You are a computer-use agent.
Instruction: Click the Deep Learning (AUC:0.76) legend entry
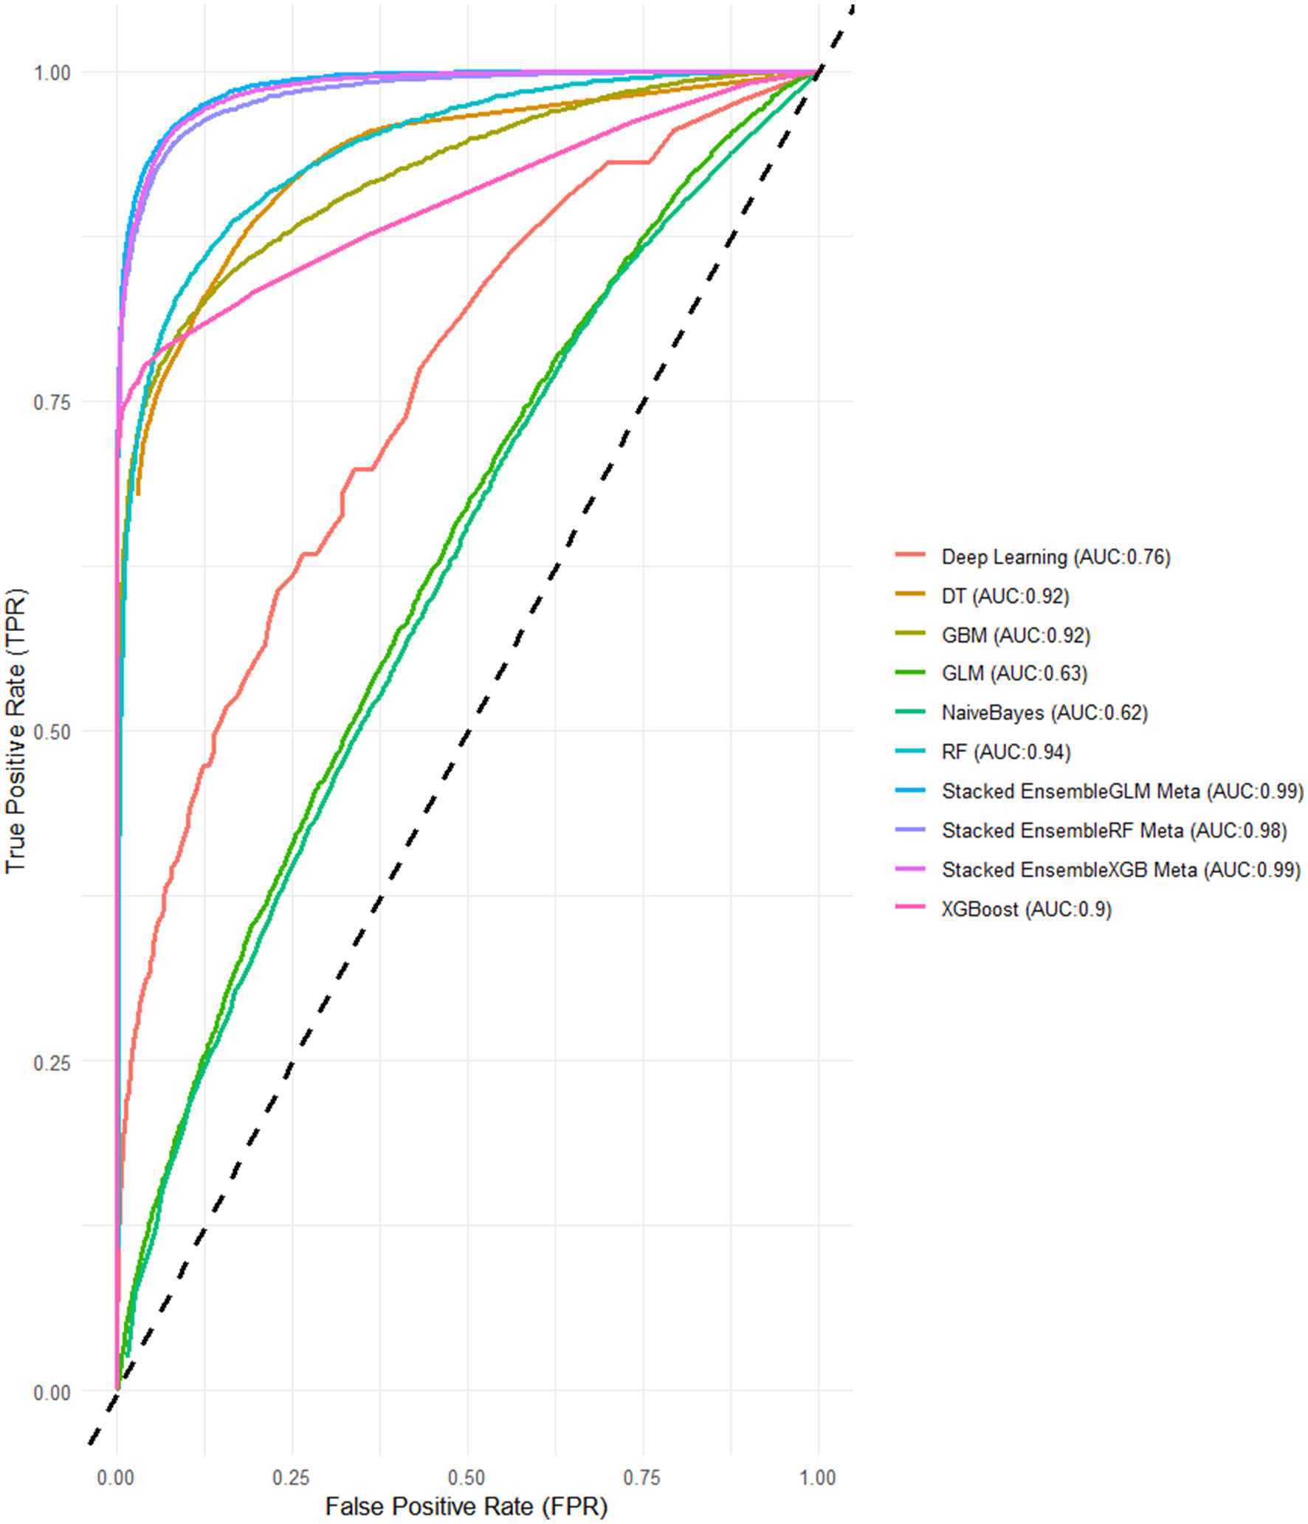click(1055, 557)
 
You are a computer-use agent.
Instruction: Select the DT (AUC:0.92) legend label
click(1005, 596)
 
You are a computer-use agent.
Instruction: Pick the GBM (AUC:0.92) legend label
click(1015, 635)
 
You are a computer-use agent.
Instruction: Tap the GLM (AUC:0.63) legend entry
click(1013, 674)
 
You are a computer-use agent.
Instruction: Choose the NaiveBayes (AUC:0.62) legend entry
click(1044, 713)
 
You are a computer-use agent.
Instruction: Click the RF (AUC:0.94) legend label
click(1005, 752)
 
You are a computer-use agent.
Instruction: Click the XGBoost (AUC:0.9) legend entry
click(1025, 909)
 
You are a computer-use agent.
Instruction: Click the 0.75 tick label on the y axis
click(52, 403)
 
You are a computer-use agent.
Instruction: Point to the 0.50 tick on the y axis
click(52, 732)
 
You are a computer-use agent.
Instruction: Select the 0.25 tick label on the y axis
click(52, 1063)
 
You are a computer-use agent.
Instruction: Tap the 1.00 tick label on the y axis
click(52, 73)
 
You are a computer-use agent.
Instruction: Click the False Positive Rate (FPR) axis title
click(467, 1506)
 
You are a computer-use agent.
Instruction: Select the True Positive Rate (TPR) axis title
click(16, 731)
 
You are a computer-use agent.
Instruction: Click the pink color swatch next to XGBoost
click(910, 907)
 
